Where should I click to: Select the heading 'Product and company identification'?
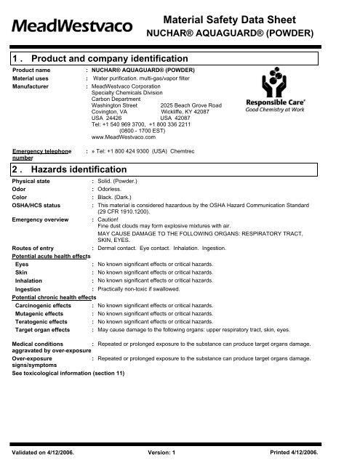click(103, 58)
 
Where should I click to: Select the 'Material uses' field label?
click(34, 78)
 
